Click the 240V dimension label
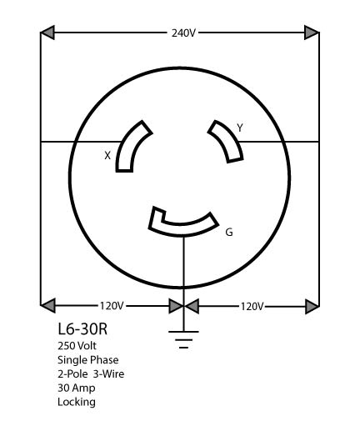[183, 33]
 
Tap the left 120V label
[112, 306]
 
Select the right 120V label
[252, 307]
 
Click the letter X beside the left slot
[107, 156]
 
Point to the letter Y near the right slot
[240, 128]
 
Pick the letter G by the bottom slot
[229, 232]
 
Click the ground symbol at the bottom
[183, 339]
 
